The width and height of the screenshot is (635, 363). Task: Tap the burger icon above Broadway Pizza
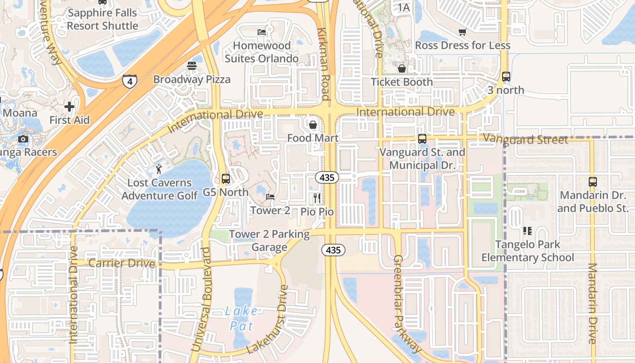click(x=191, y=66)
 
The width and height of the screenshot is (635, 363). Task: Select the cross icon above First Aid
click(x=69, y=107)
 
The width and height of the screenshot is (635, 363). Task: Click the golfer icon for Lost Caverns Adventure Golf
click(x=158, y=169)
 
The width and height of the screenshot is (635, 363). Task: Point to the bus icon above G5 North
click(x=225, y=179)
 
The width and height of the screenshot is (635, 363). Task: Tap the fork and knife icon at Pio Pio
click(x=317, y=198)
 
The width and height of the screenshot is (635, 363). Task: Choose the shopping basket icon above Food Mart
click(x=313, y=124)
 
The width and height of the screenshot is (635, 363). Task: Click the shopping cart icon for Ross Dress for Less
click(x=462, y=32)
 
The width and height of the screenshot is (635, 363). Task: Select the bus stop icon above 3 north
click(x=506, y=77)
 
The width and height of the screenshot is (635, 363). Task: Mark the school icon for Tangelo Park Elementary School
click(x=527, y=231)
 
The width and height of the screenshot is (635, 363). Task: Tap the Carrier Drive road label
click(x=122, y=263)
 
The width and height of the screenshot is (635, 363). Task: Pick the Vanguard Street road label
click(x=525, y=139)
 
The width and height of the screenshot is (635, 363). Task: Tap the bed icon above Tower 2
click(x=270, y=197)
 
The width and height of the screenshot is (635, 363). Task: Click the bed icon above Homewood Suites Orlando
click(x=262, y=32)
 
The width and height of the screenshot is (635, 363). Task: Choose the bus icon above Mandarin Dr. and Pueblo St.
click(x=592, y=182)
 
